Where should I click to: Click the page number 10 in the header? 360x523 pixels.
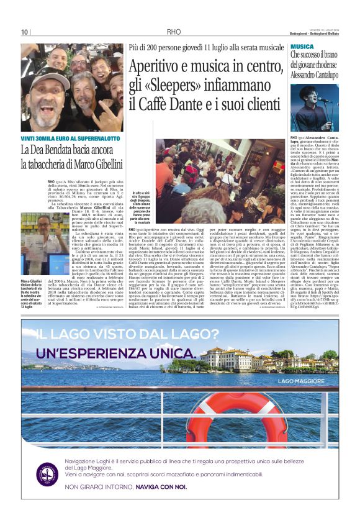(24, 32)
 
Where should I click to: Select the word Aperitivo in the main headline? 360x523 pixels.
(155, 65)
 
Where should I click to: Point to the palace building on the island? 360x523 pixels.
(226, 359)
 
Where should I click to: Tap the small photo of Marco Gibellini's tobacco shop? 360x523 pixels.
(36, 244)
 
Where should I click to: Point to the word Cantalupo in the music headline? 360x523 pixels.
(322, 72)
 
